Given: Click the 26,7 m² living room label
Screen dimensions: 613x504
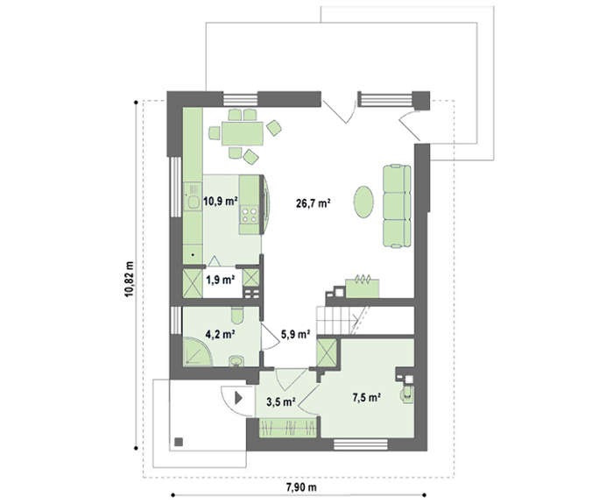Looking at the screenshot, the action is click(x=314, y=203).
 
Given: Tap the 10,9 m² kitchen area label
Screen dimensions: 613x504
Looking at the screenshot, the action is click(x=221, y=202).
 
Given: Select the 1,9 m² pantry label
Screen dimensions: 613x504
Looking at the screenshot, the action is click(x=220, y=280).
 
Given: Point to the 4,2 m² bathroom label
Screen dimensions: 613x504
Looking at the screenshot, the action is click(x=220, y=334).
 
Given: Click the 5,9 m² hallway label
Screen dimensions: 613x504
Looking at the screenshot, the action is click(x=296, y=334).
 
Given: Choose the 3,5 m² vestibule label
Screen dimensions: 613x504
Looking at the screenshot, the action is click(x=281, y=401).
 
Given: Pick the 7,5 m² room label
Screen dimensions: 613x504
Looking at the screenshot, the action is click(x=367, y=398).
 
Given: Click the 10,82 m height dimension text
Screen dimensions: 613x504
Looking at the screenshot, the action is click(x=129, y=279).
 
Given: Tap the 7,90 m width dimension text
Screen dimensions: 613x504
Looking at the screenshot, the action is click(x=301, y=487).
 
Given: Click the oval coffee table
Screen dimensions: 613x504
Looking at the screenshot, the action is click(x=363, y=201).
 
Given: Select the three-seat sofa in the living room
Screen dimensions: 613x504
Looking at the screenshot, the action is click(x=397, y=206).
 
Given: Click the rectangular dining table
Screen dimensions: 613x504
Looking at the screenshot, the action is click(x=243, y=133).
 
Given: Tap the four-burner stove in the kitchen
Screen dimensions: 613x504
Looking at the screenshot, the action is click(x=250, y=215).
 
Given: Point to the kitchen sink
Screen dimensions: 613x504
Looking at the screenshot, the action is click(x=193, y=202).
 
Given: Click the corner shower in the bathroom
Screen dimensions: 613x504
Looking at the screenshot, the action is click(x=197, y=351).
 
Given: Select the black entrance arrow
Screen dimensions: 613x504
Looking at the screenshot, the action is click(x=238, y=398).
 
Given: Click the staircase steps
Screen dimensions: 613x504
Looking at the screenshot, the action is click(x=336, y=320).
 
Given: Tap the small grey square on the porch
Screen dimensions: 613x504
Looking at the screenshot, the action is click(x=179, y=442).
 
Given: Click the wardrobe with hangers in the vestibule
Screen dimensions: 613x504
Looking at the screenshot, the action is click(x=288, y=428).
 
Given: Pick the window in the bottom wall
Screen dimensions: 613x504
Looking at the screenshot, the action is click(x=361, y=444).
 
